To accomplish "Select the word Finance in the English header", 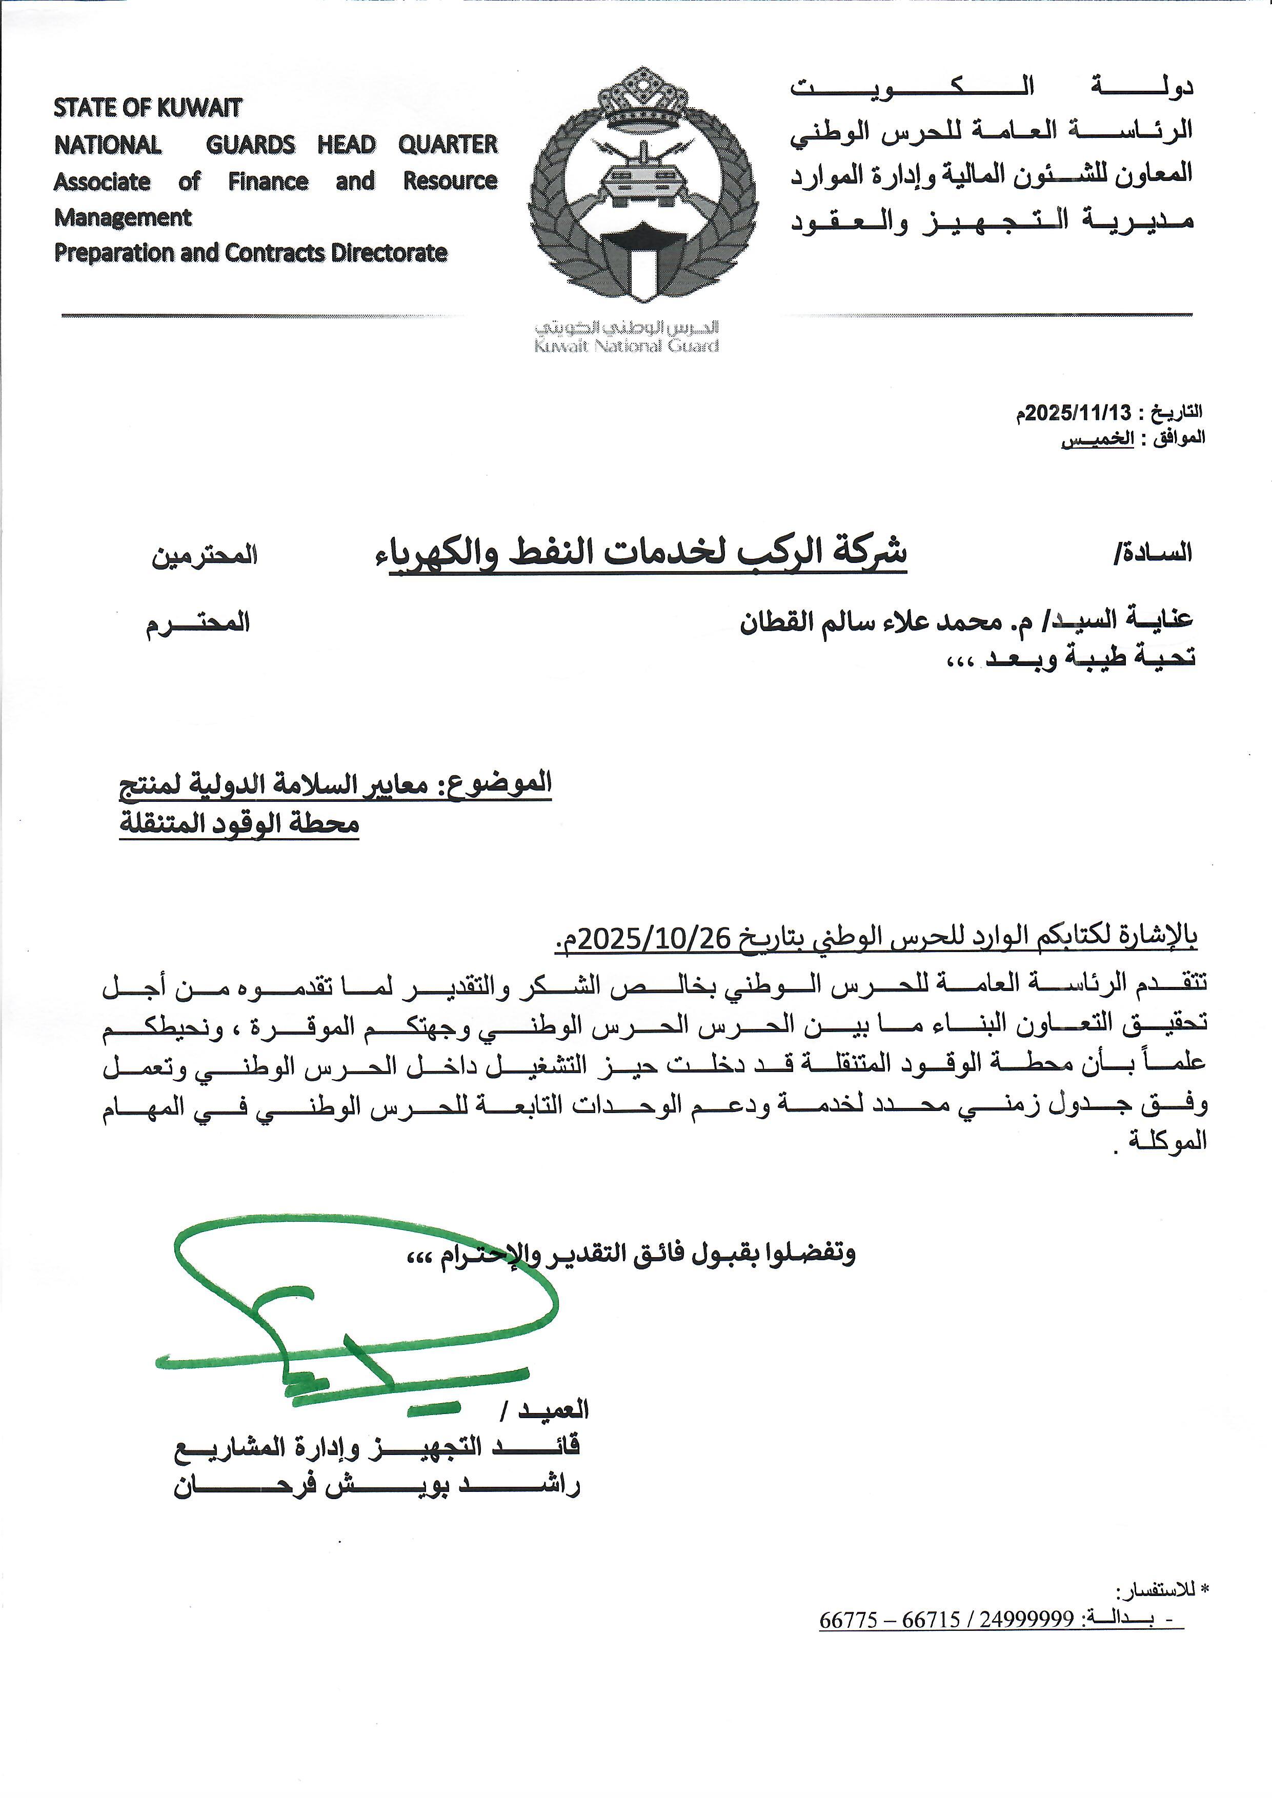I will tap(268, 181).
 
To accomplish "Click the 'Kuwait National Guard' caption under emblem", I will tap(627, 346).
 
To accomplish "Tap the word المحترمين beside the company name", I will tap(205, 555).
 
